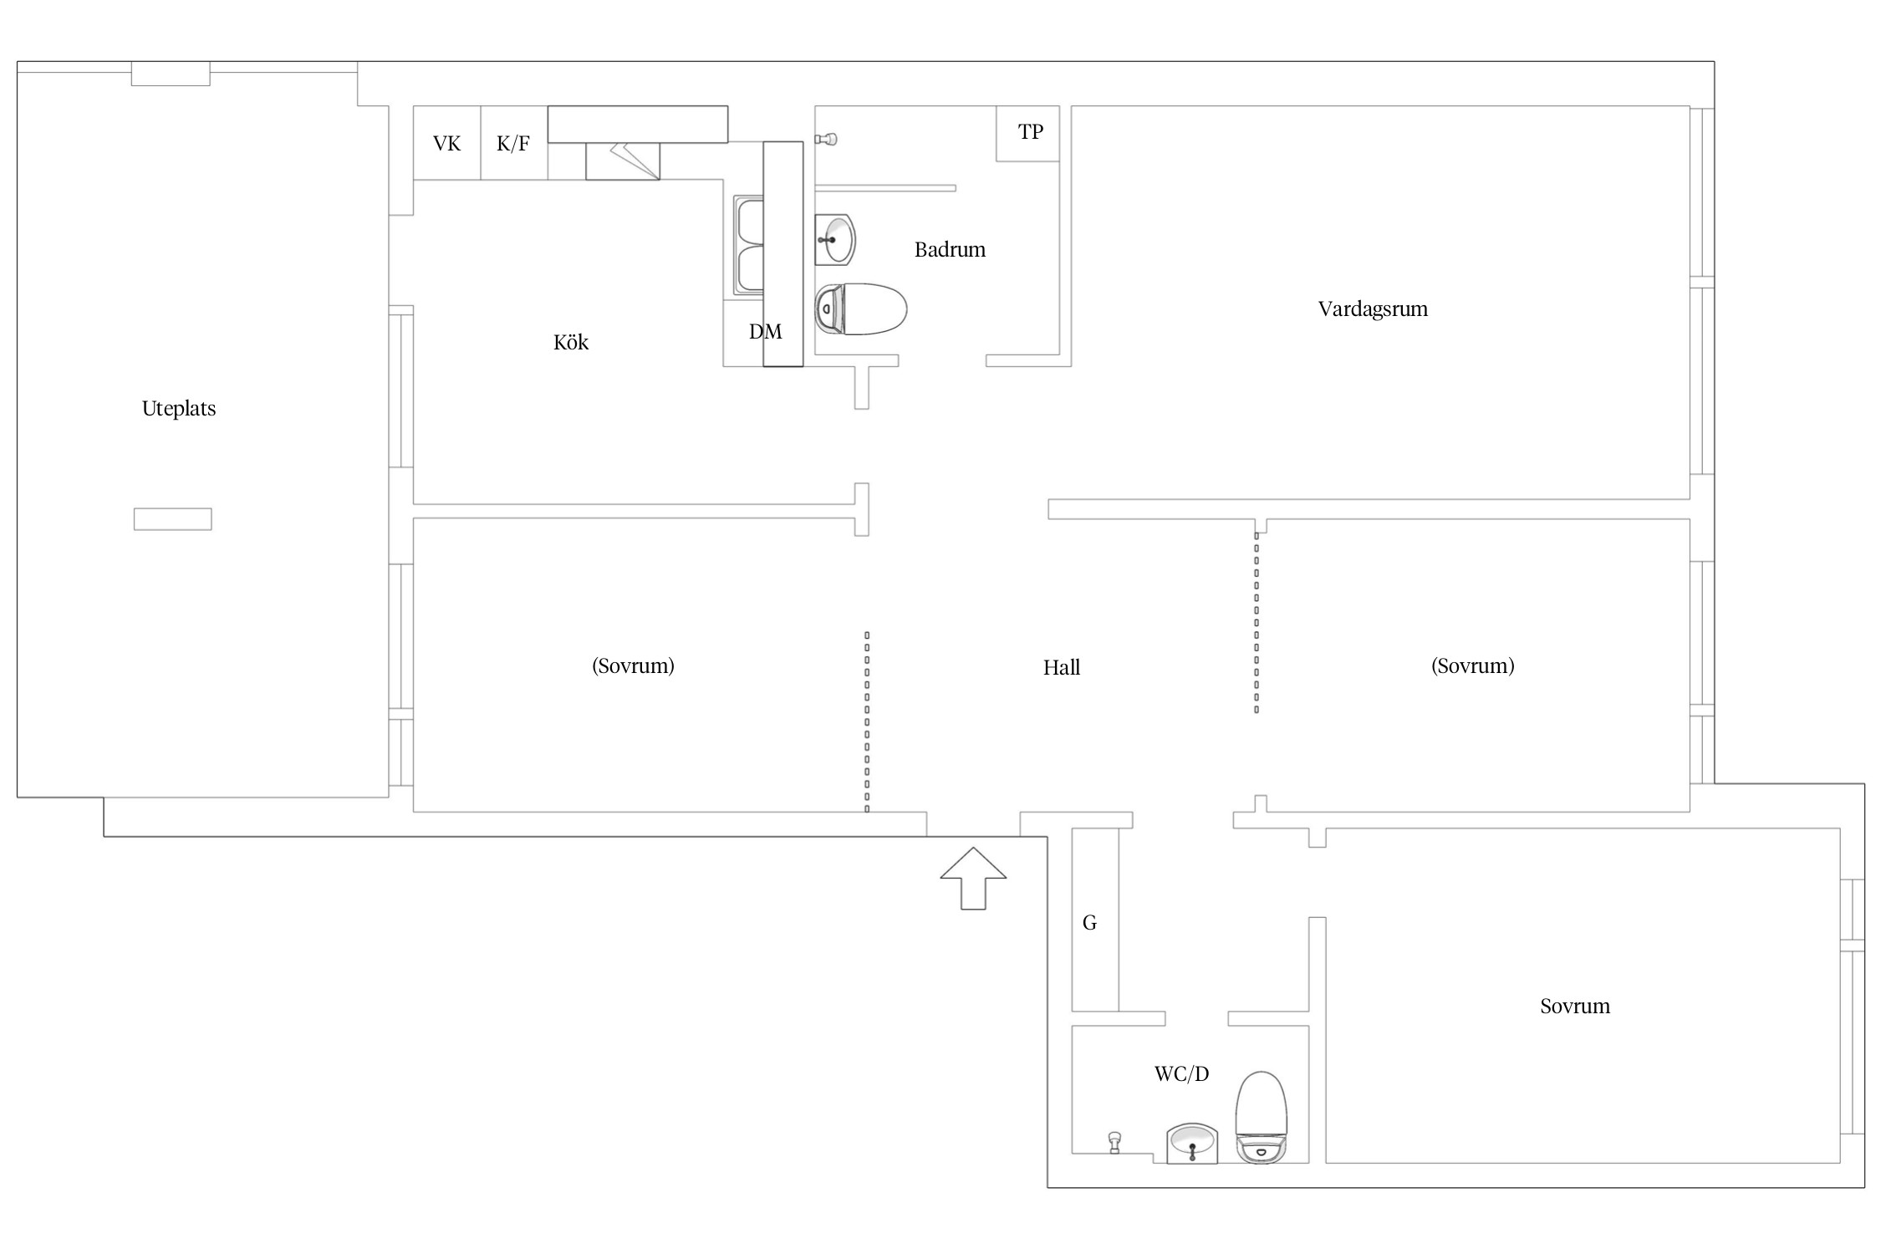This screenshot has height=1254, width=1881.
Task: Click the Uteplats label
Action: (179, 409)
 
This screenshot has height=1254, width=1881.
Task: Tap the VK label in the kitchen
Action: (446, 144)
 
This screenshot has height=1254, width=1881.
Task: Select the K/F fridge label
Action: (513, 144)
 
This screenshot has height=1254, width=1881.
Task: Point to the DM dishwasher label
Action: (766, 332)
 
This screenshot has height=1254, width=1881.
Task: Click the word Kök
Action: (571, 342)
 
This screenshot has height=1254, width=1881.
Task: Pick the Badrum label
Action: (950, 249)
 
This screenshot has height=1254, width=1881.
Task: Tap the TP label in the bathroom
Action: (1031, 131)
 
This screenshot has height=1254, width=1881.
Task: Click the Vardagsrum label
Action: (1373, 309)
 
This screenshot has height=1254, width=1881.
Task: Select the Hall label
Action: (1062, 667)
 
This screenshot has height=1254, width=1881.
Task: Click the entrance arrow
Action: (973, 878)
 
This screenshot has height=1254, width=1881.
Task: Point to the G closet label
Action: (1089, 922)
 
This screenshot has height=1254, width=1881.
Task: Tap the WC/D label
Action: (1181, 1073)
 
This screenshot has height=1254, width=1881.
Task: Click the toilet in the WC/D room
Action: (1262, 1118)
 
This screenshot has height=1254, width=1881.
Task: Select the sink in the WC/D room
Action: (1192, 1144)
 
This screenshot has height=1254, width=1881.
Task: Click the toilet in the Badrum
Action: (861, 308)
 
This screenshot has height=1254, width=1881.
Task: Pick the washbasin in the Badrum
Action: (835, 240)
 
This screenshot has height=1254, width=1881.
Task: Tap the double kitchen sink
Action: (749, 246)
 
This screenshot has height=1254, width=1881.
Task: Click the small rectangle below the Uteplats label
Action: (173, 519)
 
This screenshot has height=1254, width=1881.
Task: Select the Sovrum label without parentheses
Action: (1575, 1006)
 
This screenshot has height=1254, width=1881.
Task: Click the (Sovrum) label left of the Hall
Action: (633, 665)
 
